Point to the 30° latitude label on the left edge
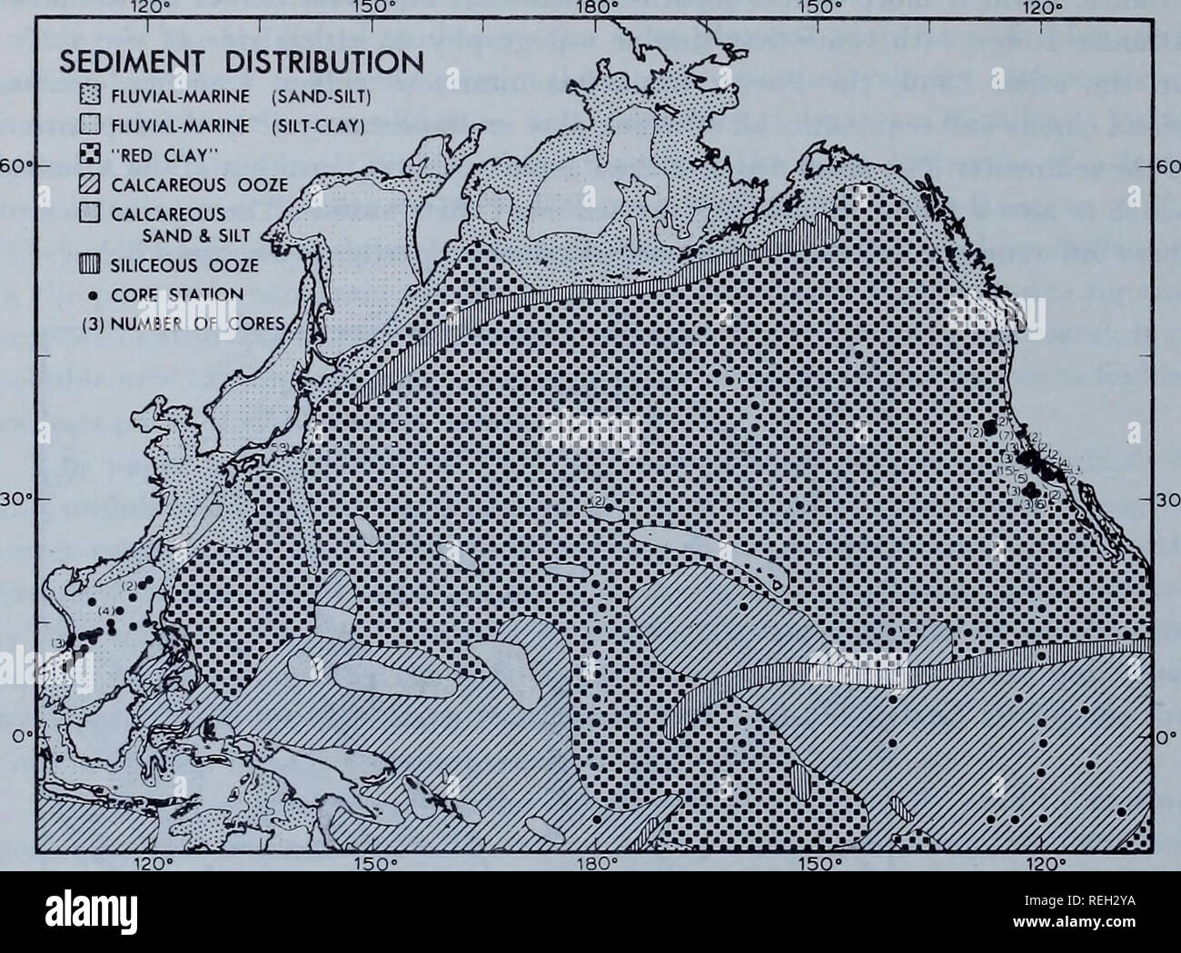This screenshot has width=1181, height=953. (15, 499)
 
